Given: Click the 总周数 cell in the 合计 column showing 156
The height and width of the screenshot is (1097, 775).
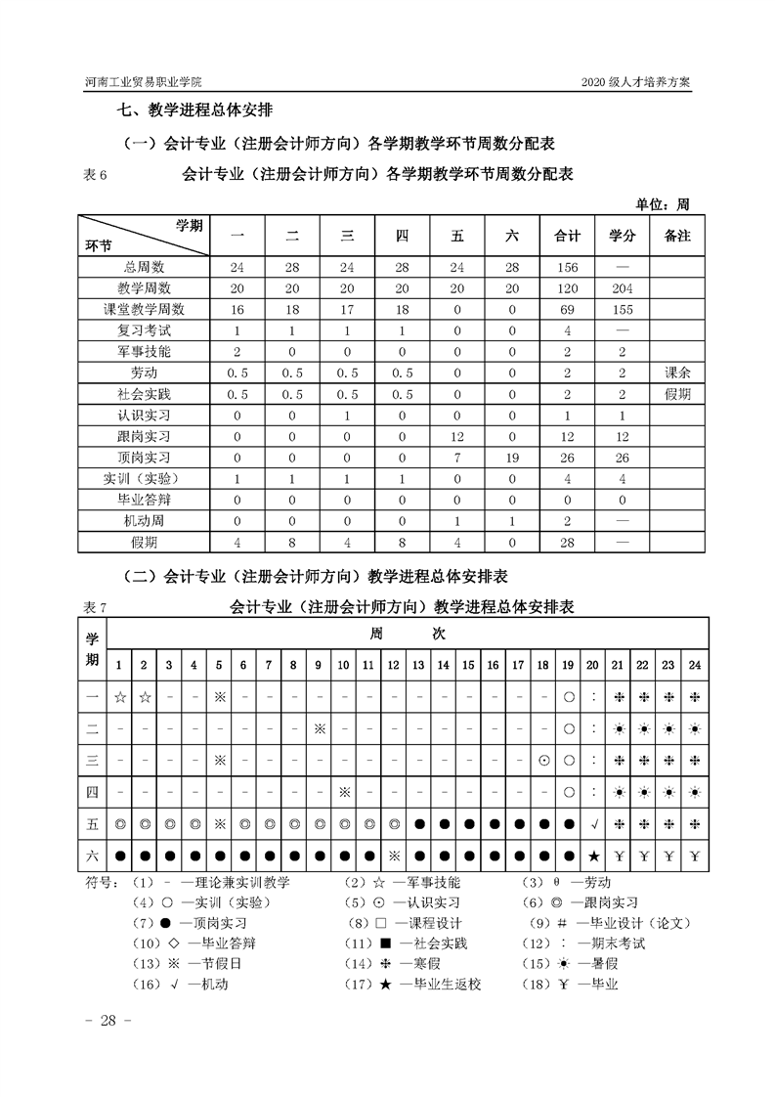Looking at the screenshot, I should point(567,267).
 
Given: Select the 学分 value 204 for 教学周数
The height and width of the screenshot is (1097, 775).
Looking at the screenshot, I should point(623,287).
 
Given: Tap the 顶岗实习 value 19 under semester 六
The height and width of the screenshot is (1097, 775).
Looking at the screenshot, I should point(512,457).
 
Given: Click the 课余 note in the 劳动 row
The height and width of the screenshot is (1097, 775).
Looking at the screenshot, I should point(677,373).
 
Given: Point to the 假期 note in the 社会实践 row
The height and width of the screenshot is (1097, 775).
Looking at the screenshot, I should point(677,393).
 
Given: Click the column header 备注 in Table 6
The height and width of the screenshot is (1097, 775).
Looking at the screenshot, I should point(677,236).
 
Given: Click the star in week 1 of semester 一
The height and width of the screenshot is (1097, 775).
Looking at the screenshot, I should point(119,698).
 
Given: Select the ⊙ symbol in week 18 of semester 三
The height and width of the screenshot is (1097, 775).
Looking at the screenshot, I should point(543,760).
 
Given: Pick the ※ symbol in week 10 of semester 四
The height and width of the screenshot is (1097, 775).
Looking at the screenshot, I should point(343,791).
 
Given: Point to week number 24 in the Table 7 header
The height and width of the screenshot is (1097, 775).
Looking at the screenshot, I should point(695,666).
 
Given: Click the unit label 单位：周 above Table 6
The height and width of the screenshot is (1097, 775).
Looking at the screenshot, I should point(663,204).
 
